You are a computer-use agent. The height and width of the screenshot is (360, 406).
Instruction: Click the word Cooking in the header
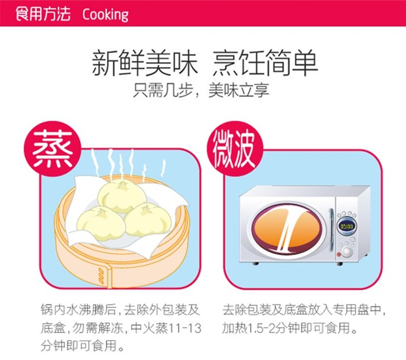tap(105, 15)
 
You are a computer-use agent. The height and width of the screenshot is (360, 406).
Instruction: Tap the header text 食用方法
tap(43, 14)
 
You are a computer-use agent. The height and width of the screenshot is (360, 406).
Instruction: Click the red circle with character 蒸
tap(53, 149)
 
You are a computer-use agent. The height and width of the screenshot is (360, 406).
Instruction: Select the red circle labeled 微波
tap(235, 149)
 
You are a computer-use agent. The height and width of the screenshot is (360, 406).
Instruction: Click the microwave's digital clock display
tap(346, 227)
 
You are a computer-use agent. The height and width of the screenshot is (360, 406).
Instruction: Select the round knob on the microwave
tap(346, 251)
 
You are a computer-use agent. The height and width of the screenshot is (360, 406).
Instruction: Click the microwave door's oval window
tap(287, 229)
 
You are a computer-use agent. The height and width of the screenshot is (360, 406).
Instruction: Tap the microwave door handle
tap(331, 229)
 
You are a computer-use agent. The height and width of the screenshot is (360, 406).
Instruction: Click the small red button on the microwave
tap(339, 254)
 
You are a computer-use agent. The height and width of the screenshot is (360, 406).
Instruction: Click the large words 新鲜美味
tap(145, 63)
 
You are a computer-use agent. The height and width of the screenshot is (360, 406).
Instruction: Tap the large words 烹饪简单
tap(265, 63)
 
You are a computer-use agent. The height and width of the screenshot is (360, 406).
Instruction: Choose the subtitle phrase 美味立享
tap(239, 90)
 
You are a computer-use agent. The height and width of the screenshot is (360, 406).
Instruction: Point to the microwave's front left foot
tap(256, 263)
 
